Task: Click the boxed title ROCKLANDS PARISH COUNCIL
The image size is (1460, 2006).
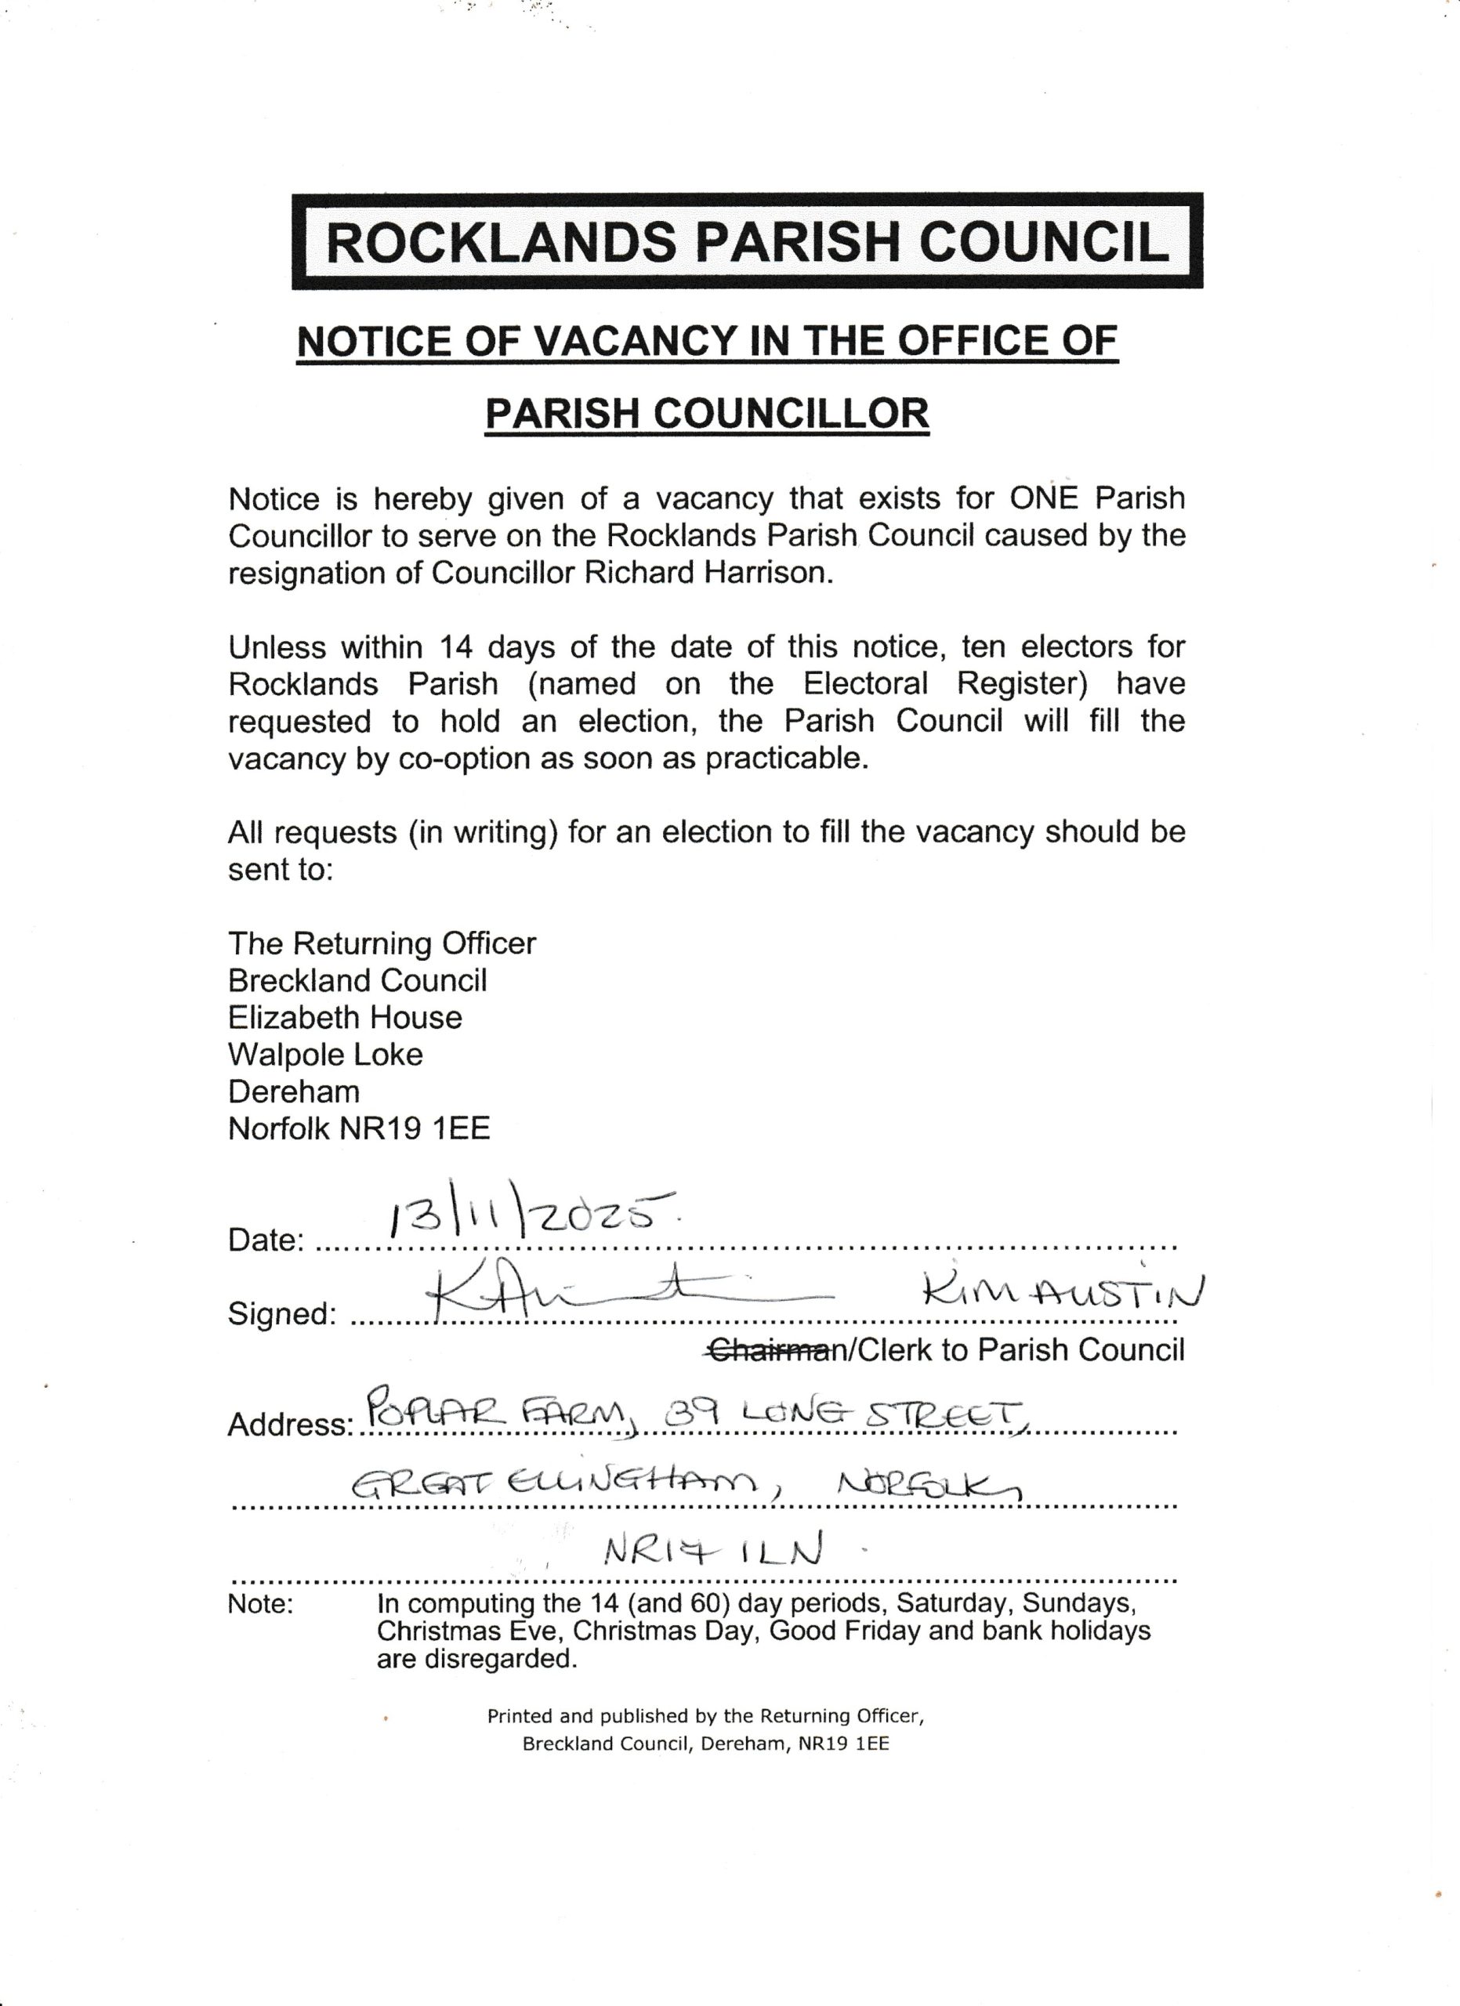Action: (748, 241)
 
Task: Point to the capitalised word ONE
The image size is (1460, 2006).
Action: (1044, 499)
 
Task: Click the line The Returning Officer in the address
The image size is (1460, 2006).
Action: (382, 943)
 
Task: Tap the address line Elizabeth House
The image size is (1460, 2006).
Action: (345, 1017)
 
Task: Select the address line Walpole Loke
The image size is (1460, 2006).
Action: (325, 1054)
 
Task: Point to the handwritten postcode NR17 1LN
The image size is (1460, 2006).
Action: (712, 1550)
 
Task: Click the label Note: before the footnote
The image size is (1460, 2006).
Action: (261, 1603)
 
